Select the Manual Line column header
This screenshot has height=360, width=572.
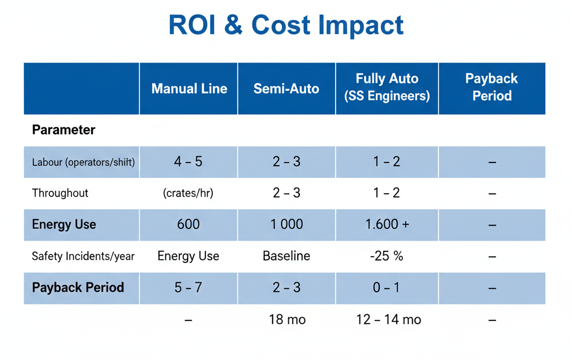click(189, 88)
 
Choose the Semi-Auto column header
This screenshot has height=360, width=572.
click(286, 88)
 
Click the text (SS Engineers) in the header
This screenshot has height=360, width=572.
click(387, 96)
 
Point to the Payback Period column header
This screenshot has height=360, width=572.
click(492, 87)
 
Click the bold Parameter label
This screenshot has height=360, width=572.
click(64, 130)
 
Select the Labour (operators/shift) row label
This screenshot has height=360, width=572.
click(83, 162)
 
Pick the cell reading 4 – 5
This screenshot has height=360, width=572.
click(188, 162)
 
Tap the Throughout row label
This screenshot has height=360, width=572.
click(60, 193)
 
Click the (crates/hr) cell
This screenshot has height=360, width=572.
click(188, 193)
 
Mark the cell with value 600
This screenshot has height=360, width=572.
click(188, 224)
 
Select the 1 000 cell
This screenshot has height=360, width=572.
click(287, 224)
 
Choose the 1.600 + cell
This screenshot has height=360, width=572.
click(387, 224)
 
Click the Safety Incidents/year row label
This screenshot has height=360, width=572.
click(83, 256)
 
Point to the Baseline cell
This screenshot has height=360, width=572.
click(287, 256)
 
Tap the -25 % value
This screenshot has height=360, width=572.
click(387, 256)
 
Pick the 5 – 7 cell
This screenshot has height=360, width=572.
click(188, 287)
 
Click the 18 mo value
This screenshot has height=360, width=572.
click(287, 320)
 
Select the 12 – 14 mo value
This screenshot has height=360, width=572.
click(388, 320)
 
